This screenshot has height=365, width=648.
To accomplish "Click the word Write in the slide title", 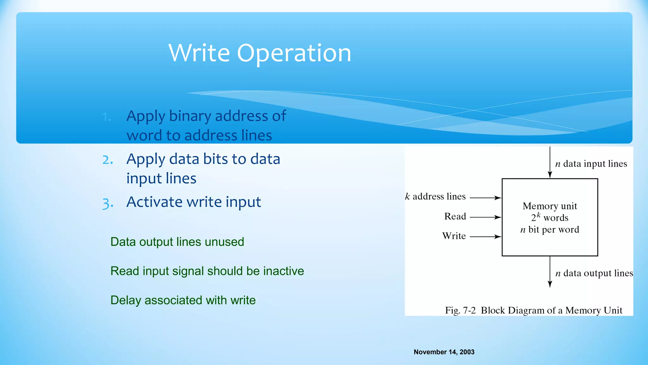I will coord(199,53).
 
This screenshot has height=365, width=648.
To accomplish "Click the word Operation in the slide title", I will coord(294,53).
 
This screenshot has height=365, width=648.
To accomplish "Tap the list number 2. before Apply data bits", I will coord(108,160).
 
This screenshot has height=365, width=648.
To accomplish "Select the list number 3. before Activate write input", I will coord(108,203).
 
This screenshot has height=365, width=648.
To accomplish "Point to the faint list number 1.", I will coord(107,117).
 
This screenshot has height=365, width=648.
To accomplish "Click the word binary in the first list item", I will coord(190,116).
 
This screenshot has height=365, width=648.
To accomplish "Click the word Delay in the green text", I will coord(126,300).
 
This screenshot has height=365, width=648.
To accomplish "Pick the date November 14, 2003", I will coord(444,352).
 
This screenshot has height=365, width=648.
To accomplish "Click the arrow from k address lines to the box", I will coord(485,198).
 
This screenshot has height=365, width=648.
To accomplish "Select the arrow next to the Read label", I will coord(485,217).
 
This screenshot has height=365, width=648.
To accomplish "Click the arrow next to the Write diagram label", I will coord(485,237).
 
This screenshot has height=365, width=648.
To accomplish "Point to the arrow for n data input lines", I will coord(550,162).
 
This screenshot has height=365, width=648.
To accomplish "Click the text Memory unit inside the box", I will coord(550,206).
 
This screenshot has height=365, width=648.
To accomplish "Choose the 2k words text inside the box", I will coord(550,218).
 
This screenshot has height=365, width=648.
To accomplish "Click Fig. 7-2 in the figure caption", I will coord(460,310).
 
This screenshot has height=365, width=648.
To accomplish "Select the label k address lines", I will coord(435,197).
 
